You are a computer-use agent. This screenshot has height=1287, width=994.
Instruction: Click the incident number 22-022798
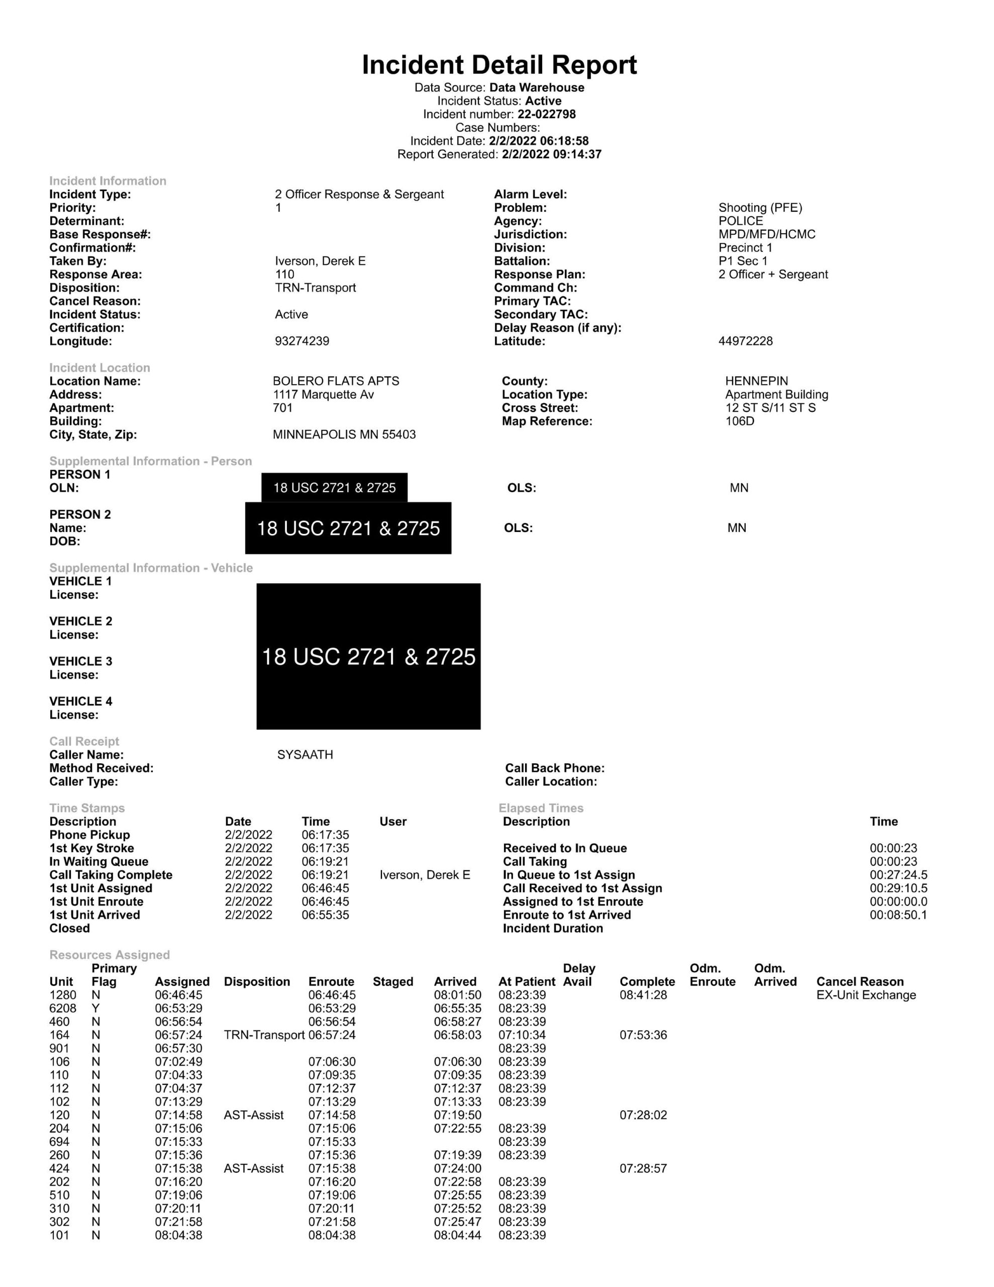tap(546, 114)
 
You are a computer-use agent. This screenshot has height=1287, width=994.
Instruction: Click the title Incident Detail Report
tap(499, 65)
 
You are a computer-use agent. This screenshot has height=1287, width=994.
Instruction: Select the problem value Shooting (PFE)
tap(760, 208)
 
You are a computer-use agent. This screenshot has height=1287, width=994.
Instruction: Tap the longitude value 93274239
tap(302, 341)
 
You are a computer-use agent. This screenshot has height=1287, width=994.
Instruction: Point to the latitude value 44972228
tap(745, 341)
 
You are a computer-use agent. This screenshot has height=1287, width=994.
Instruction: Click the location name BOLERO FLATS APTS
tap(336, 381)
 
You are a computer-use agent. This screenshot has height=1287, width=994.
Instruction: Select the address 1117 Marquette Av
tap(323, 395)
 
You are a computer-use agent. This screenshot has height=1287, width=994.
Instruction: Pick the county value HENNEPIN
tap(756, 381)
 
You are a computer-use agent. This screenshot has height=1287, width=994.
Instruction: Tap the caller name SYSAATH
tap(305, 755)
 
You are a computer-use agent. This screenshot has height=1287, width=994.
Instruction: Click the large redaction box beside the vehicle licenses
tap(368, 657)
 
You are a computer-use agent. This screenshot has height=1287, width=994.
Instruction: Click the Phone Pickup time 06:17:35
tap(325, 835)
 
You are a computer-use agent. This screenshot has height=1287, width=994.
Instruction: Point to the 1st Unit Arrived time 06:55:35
tap(325, 915)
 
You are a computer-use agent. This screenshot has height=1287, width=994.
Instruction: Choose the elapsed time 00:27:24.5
tap(898, 875)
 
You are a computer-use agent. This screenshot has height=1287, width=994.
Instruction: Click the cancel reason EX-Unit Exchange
tap(865, 995)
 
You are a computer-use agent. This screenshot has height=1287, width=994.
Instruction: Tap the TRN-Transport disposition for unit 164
tap(264, 1035)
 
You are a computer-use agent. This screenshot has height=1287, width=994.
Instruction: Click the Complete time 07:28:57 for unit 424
tap(643, 1168)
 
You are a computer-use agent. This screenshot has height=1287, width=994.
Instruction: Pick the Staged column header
tap(392, 982)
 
